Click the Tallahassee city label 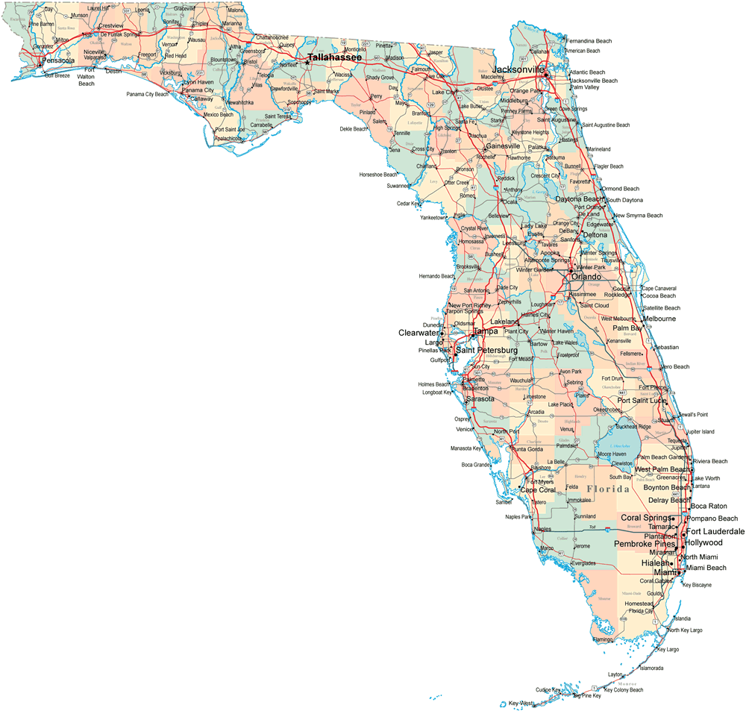click(x=335, y=57)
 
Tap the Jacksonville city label click(x=518, y=69)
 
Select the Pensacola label click(x=58, y=60)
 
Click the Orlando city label click(x=586, y=277)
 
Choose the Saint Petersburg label click(x=486, y=350)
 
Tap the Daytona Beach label click(x=579, y=199)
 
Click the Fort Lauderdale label click(x=715, y=531)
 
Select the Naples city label click(x=542, y=530)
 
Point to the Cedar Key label click(x=408, y=203)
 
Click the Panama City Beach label click(x=147, y=95)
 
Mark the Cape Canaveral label click(x=659, y=288)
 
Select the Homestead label click(x=639, y=604)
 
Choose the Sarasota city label click(x=480, y=399)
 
